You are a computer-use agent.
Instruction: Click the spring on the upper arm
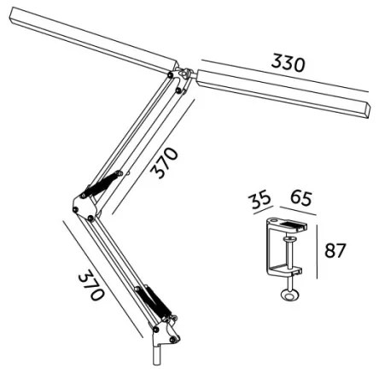100,182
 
